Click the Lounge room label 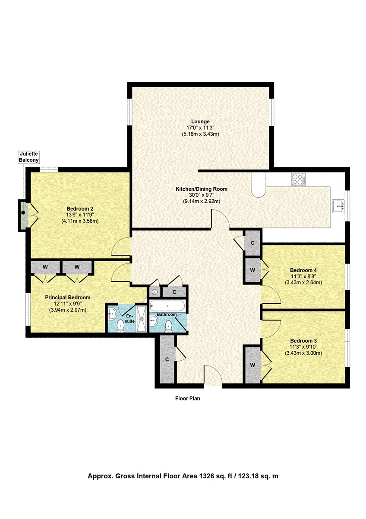tap(200, 122)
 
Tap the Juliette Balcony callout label tap(28, 157)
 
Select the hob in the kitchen tap(299, 179)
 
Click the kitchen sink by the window tap(338, 206)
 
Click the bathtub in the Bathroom tap(167, 306)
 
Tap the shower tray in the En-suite tap(141, 319)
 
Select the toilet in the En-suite tap(121, 326)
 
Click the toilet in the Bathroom tap(169, 327)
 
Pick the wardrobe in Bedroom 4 tap(253, 270)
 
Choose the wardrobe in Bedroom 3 tap(253, 365)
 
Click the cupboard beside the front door tap(167, 359)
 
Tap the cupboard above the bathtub tap(174, 292)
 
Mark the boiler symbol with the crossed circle tap(155, 292)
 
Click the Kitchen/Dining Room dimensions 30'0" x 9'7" tap(202, 195)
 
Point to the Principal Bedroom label tap(68, 297)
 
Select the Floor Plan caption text tap(187, 398)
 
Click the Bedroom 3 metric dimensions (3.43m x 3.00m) tap(303, 353)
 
